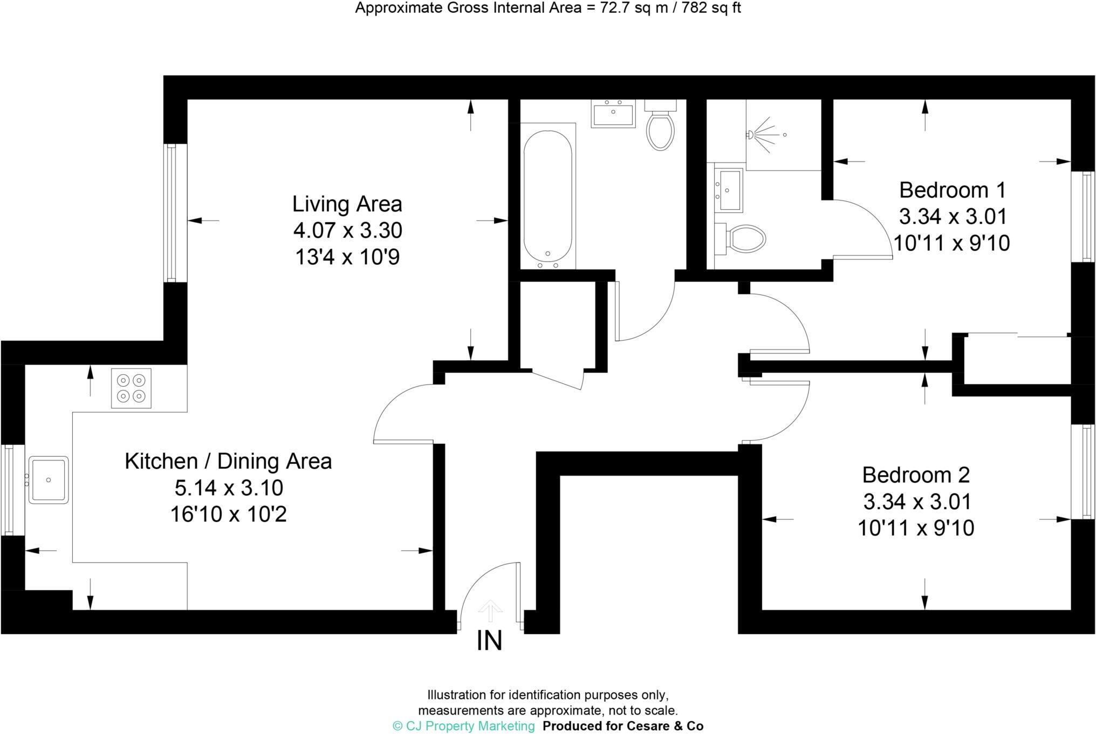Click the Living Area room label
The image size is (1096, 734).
[x=347, y=204]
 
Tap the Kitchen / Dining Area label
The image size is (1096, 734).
[x=228, y=462]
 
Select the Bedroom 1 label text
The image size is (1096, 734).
[x=952, y=190]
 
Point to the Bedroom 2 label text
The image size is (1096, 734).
[x=916, y=475]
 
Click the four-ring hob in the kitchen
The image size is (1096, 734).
[x=131, y=388]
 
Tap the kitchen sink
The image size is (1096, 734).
[x=49, y=480]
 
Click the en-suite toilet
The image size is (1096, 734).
[x=744, y=238]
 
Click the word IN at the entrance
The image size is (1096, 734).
[x=489, y=641]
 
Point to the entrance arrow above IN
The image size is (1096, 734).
[x=490, y=611]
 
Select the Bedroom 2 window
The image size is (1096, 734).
[x=1083, y=472]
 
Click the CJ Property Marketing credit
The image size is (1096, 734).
[x=464, y=726]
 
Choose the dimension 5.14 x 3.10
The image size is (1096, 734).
[x=229, y=488]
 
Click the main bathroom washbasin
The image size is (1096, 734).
[x=613, y=114]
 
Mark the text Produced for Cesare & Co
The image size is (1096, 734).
[x=623, y=726]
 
